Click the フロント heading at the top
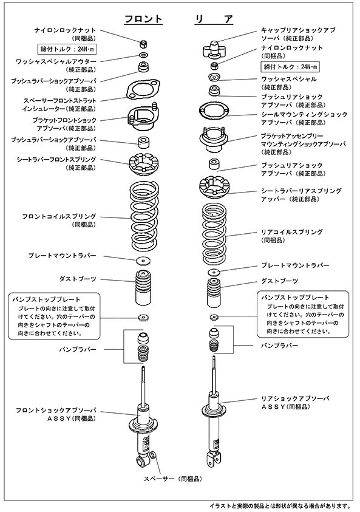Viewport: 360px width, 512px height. (143, 19)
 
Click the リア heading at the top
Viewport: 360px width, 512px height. (214, 19)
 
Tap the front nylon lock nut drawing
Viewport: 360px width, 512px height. (144, 44)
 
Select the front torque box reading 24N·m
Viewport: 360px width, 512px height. (67, 49)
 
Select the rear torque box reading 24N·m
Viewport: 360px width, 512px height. (290, 67)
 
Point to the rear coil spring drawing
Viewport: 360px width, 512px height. (214, 234)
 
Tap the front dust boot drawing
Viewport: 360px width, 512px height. (143, 288)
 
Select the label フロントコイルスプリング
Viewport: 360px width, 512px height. (59, 216)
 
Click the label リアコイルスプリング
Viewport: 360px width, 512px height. (292, 232)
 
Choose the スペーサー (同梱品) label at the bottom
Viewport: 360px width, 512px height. (172, 479)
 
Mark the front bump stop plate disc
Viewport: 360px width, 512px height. (143, 317)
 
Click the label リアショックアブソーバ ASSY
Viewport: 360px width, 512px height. (295, 402)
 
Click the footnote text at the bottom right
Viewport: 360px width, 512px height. (280, 506)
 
